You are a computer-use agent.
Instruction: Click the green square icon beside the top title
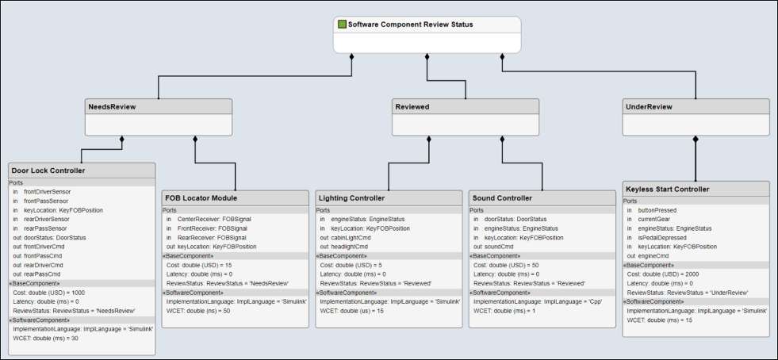pyautogui.click(x=342, y=25)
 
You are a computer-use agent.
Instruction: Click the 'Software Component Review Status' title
pyautogui.click(x=410, y=25)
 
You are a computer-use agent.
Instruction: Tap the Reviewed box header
pyautogui.click(x=412, y=106)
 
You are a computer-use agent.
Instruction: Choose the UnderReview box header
pyautogui.click(x=649, y=106)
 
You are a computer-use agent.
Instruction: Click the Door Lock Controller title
pyautogui.click(x=48, y=170)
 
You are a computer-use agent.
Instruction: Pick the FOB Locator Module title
pyautogui.click(x=201, y=197)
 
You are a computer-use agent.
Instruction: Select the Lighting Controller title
pyautogui.click(x=351, y=197)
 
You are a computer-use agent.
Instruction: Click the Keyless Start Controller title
pyautogui.click(x=667, y=189)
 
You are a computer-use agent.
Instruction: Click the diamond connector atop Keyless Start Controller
pyautogui.click(x=695, y=140)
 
